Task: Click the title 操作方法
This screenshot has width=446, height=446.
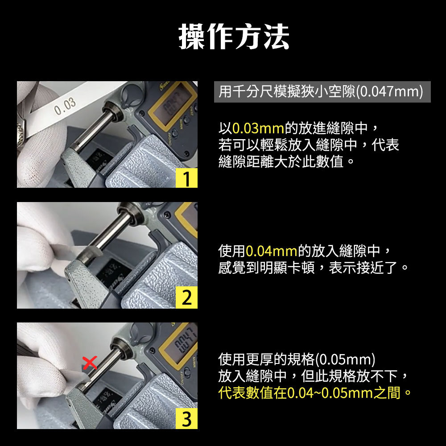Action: point(234,37)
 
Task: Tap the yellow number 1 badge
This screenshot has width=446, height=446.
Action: point(186,178)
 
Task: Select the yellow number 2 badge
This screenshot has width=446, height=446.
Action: point(186,297)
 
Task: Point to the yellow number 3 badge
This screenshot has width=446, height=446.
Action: point(186,418)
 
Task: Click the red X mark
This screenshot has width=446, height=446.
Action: point(90,363)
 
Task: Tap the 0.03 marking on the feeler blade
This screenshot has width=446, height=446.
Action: point(65,106)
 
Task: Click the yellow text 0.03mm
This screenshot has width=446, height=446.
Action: point(258,128)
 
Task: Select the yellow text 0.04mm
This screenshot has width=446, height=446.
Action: point(271,251)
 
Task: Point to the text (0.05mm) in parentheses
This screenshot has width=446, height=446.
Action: point(345,359)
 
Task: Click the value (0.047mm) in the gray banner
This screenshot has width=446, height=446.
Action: point(389,91)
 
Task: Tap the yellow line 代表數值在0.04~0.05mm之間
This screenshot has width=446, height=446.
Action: point(314,393)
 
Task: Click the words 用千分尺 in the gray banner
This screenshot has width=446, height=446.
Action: point(246,91)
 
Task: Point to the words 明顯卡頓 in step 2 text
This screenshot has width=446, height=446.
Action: point(287,268)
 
